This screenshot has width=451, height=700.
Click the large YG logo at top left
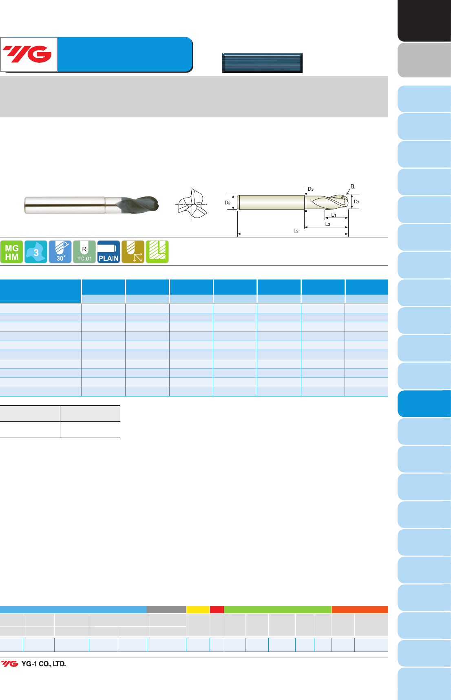click(x=29, y=54)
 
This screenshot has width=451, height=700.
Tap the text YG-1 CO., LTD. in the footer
click(x=44, y=664)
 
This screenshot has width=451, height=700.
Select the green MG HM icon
click(x=11, y=252)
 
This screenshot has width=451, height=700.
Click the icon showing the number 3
click(x=36, y=252)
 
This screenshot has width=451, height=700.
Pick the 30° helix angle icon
click(x=60, y=252)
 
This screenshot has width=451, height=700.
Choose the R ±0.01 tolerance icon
click(x=84, y=252)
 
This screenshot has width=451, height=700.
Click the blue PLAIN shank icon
click(x=108, y=252)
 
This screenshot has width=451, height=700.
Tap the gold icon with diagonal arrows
click(x=133, y=252)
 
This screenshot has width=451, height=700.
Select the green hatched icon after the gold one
click(x=157, y=252)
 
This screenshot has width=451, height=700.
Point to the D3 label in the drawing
click(x=311, y=189)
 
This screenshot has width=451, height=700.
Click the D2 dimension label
click(x=228, y=203)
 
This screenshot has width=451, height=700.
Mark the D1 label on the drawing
click(x=357, y=202)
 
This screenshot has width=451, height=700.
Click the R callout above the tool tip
click(x=352, y=186)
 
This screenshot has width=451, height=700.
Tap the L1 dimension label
click(x=334, y=215)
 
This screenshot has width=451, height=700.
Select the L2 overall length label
click(x=296, y=231)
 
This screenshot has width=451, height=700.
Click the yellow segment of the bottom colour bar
click(x=198, y=610)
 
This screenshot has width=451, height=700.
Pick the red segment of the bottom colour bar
click(x=217, y=610)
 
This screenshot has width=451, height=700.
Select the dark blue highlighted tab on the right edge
click(x=424, y=404)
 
